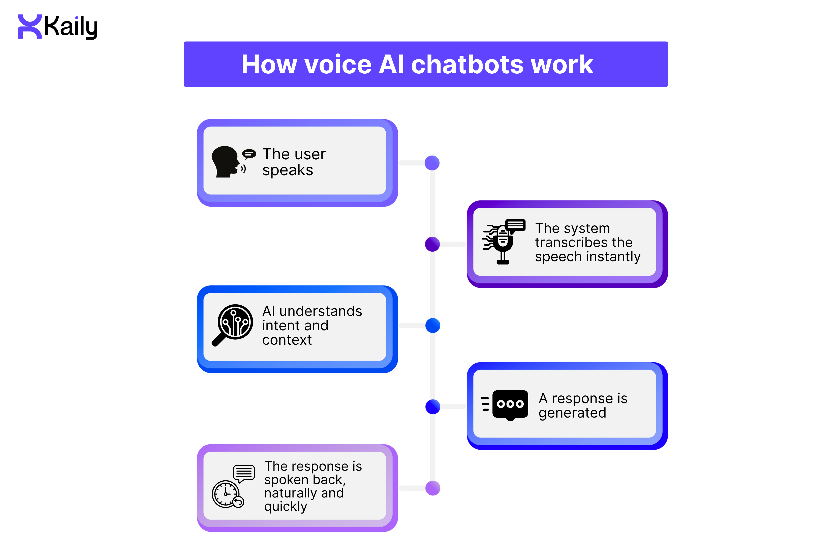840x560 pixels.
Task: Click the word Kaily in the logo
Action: coord(71,27)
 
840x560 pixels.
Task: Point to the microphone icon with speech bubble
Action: coord(503,242)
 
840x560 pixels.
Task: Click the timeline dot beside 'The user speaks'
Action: coord(432,163)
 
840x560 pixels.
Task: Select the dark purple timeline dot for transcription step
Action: coord(432,244)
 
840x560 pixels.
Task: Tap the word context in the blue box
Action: coord(287,340)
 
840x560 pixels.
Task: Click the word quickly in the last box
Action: coord(285,507)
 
